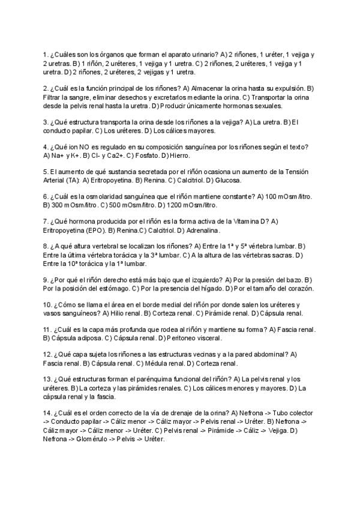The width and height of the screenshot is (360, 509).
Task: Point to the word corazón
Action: tap(299, 288)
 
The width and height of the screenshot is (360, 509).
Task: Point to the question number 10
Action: tap(47, 305)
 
